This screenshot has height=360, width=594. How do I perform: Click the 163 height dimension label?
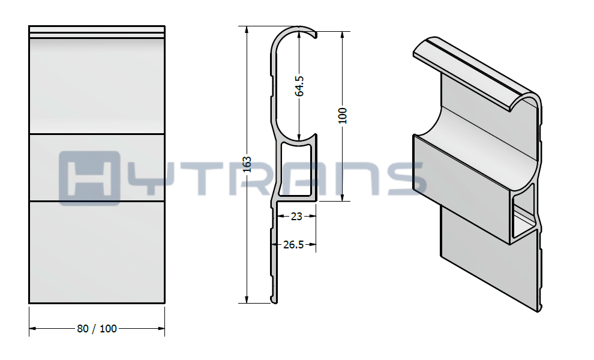coord(247,164)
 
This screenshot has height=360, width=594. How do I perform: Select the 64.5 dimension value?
coord(299,86)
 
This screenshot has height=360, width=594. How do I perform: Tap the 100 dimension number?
coord(343,115)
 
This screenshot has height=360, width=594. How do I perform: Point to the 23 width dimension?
coord(296,217)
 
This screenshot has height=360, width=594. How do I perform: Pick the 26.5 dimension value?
coord(293,245)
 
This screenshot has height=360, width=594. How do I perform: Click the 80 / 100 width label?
coord(97,329)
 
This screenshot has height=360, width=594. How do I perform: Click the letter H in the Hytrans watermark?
coord(89,178)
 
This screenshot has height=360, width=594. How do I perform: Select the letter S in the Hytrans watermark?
coord(406,178)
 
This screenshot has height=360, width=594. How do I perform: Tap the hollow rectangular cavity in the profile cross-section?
coord(296,169)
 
